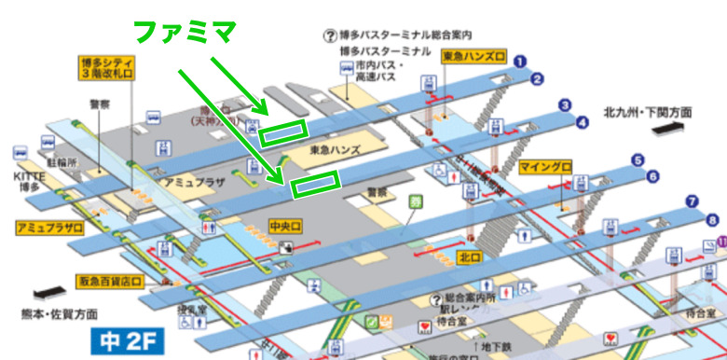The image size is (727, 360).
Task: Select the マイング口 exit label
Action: click(x=544, y=166)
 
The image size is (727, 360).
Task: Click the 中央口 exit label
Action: click(x=283, y=225)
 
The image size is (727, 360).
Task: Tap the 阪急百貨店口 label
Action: click(x=108, y=279)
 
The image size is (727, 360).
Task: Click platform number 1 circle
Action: click(x=520, y=62)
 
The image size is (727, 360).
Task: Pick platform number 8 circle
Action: click(x=712, y=220)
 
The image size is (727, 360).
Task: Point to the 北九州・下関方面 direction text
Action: click(x=647, y=113)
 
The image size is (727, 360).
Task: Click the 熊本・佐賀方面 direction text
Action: click(x=62, y=314)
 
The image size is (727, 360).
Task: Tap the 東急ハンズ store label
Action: click(x=332, y=150)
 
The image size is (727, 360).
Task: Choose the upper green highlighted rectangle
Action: click(x=281, y=133)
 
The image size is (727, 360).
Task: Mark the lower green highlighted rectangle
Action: click(x=316, y=185)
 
